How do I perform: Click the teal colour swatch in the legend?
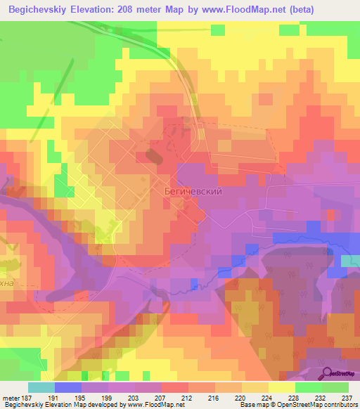point(41,387)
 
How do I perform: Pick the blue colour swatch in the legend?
point(67,387)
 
